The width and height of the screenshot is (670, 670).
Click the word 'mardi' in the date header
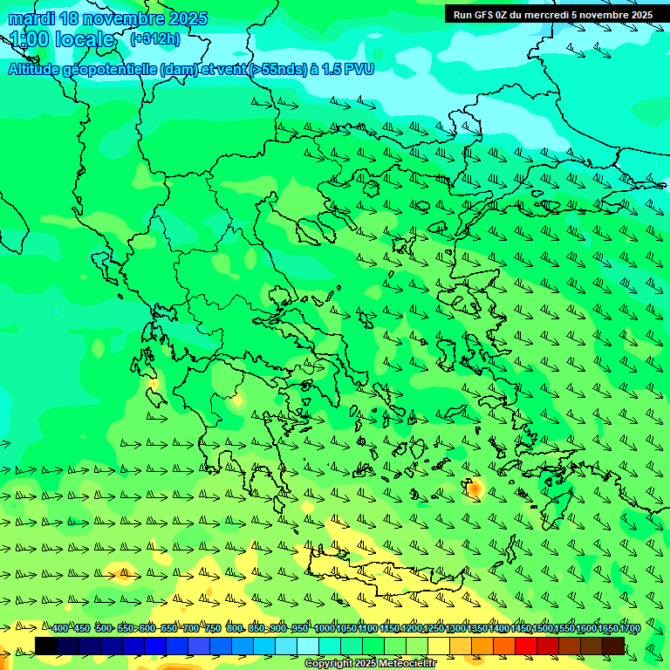(x=31, y=18)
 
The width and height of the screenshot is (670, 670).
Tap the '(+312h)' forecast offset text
(x=156, y=39)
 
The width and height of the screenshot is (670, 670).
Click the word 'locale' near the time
(x=85, y=39)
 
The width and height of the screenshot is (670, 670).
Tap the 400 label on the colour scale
(x=59, y=628)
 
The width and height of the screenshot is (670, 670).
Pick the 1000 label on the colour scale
(x=324, y=628)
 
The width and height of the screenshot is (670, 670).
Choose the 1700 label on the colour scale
(x=630, y=628)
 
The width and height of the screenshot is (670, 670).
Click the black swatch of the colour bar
(x=46, y=646)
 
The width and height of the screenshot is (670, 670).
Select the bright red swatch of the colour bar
(x=526, y=646)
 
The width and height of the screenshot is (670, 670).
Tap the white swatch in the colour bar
(x=308, y=646)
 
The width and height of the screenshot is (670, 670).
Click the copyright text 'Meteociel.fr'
(x=401, y=664)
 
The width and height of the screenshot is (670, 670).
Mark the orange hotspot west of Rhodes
(x=475, y=489)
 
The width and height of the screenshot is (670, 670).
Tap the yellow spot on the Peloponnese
(x=236, y=400)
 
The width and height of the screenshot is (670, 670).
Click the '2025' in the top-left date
(x=187, y=18)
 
